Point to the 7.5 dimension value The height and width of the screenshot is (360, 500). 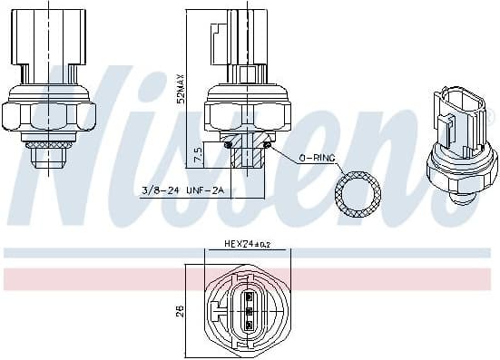197,155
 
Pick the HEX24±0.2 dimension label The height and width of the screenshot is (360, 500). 247,244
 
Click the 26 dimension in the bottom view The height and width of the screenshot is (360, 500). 180,311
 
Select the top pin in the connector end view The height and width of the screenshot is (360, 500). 246,297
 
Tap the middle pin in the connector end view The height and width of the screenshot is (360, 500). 246,310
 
